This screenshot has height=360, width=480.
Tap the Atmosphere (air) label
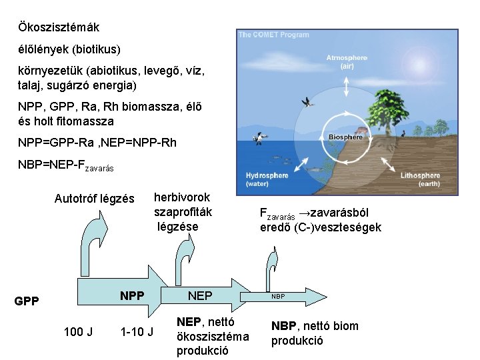[347, 62]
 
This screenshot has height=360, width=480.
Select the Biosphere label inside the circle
[345, 137]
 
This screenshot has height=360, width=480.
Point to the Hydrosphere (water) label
[267, 179]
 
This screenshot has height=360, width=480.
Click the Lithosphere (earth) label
[420, 179]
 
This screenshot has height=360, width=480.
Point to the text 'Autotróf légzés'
[94, 199]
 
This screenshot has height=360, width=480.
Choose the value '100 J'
[78, 331]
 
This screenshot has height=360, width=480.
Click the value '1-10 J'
[137, 331]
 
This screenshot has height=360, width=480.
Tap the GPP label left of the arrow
[27, 301]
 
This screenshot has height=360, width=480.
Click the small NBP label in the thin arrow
[278, 296]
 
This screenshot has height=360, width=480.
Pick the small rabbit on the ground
[402, 134]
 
